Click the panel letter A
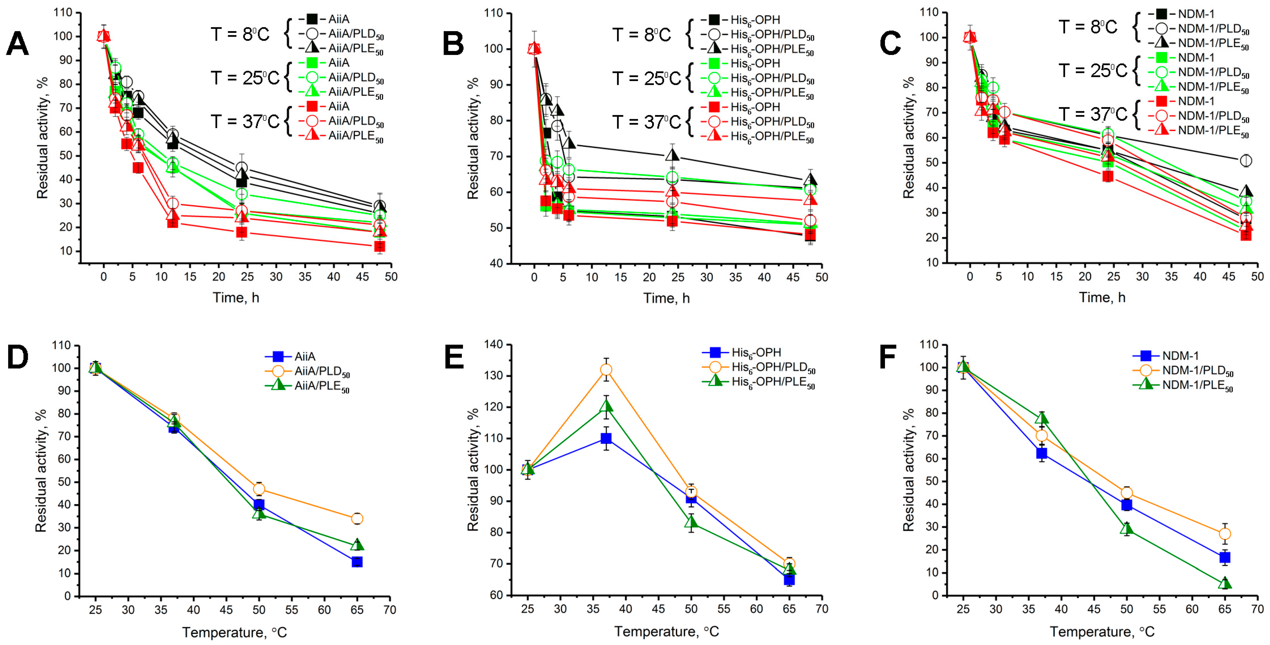tap(17, 44)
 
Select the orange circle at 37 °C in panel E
tap(606, 370)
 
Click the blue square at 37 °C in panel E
tap(606, 438)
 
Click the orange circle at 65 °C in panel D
tap(357, 519)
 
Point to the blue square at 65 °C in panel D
tap(357, 562)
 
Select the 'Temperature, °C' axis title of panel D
tap(234, 632)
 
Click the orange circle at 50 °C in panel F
tap(1127, 493)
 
